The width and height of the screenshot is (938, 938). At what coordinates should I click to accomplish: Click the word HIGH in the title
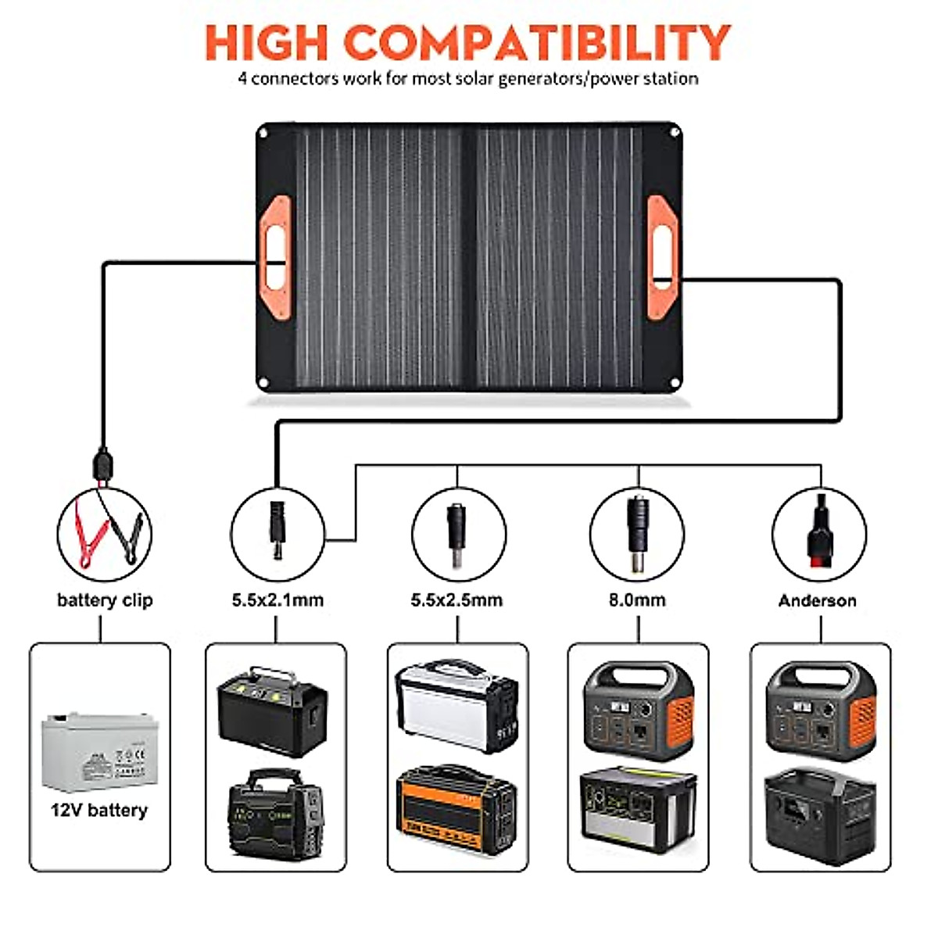tap(265, 42)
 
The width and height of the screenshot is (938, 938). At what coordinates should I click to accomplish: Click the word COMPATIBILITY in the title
tap(537, 42)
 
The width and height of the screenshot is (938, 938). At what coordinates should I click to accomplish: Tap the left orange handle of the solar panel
tap(274, 258)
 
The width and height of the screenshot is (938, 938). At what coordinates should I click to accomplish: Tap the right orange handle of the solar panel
tap(662, 258)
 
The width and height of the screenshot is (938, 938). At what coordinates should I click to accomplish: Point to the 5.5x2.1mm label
tap(277, 600)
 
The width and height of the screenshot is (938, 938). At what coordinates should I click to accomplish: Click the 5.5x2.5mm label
tap(456, 600)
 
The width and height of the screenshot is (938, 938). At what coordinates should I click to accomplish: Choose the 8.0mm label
tap(637, 600)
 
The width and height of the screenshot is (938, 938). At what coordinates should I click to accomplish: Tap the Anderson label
tap(817, 600)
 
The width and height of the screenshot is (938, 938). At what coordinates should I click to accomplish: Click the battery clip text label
tap(105, 600)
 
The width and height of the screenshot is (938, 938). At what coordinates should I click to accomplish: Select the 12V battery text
tap(99, 810)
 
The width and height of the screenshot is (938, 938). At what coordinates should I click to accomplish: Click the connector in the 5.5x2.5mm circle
tap(456, 532)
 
